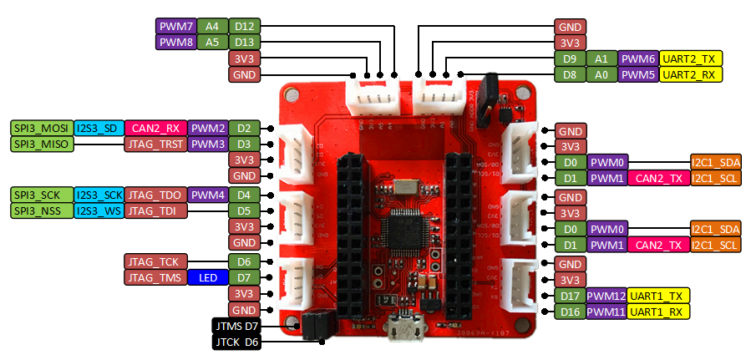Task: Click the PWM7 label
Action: (175, 26)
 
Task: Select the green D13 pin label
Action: (244, 42)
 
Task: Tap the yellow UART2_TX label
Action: (691, 58)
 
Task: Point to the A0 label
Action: (601, 75)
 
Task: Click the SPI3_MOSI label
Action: (41, 128)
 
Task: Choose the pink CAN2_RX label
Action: (155, 128)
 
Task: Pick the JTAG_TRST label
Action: (155, 144)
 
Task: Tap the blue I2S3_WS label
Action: (99, 210)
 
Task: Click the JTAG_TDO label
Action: (155, 195)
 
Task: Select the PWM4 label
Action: (207, 195)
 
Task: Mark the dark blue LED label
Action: (207, 277)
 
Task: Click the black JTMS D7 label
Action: (238, 325)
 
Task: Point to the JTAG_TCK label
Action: (156, 261)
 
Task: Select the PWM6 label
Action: (638, 58)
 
